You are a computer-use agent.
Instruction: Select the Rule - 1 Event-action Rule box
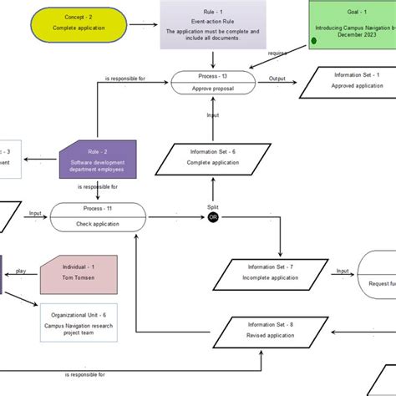point(213,23)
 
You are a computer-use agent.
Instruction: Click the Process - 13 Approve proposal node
point(213,82)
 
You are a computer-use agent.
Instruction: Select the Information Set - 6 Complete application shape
point(213,159)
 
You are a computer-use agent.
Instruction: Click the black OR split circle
point(213,218)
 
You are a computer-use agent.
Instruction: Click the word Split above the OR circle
point(213,206)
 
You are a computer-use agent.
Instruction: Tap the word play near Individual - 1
point(20,271)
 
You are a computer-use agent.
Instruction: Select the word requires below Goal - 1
point(277,53)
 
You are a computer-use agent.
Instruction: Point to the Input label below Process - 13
point(213,116)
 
